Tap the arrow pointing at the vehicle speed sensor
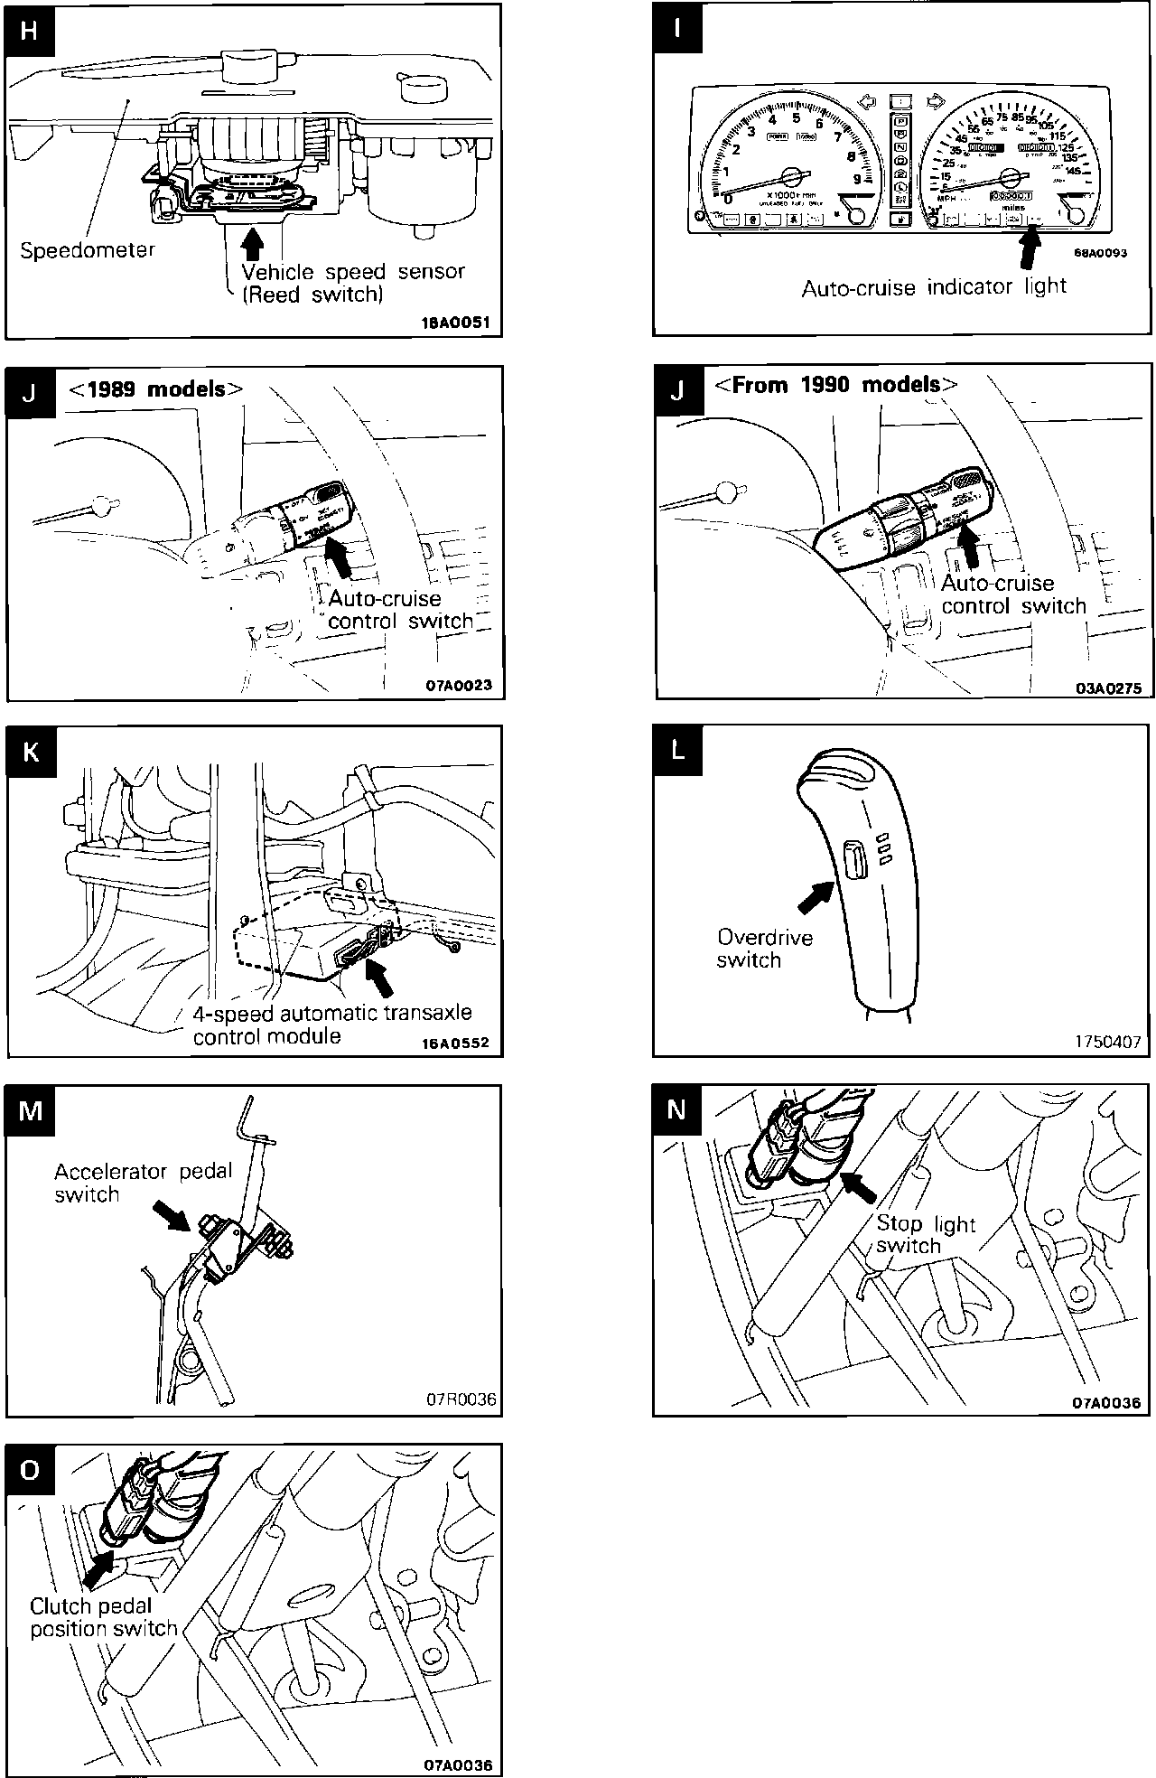tap(254, 241)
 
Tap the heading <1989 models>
tap(156, 389)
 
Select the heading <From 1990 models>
tap(835, 385)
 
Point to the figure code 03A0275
tap(1108, 688)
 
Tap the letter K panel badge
tap(30, 750)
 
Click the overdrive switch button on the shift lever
tap(853, 858)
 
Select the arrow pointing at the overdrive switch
tap(816, 897)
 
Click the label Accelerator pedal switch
tap(143, 1183)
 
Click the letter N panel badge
tap(676, 1109)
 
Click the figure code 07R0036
tap(461, 1399)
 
